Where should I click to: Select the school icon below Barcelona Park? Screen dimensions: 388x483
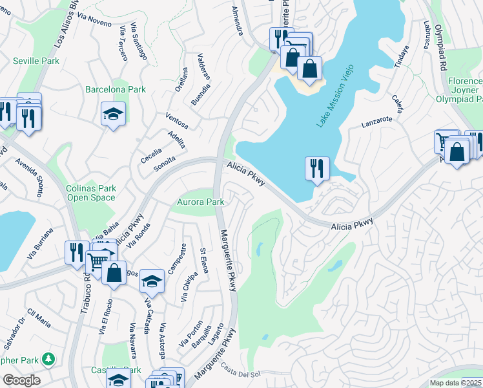114,114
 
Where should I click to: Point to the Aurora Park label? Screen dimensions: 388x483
201,202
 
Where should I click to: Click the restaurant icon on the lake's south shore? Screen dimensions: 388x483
317,168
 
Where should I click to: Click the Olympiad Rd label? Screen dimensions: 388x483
441,48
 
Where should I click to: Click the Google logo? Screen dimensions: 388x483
21,380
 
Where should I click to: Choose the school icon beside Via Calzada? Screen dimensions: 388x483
151,281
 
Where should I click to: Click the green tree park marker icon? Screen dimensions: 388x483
47,358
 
